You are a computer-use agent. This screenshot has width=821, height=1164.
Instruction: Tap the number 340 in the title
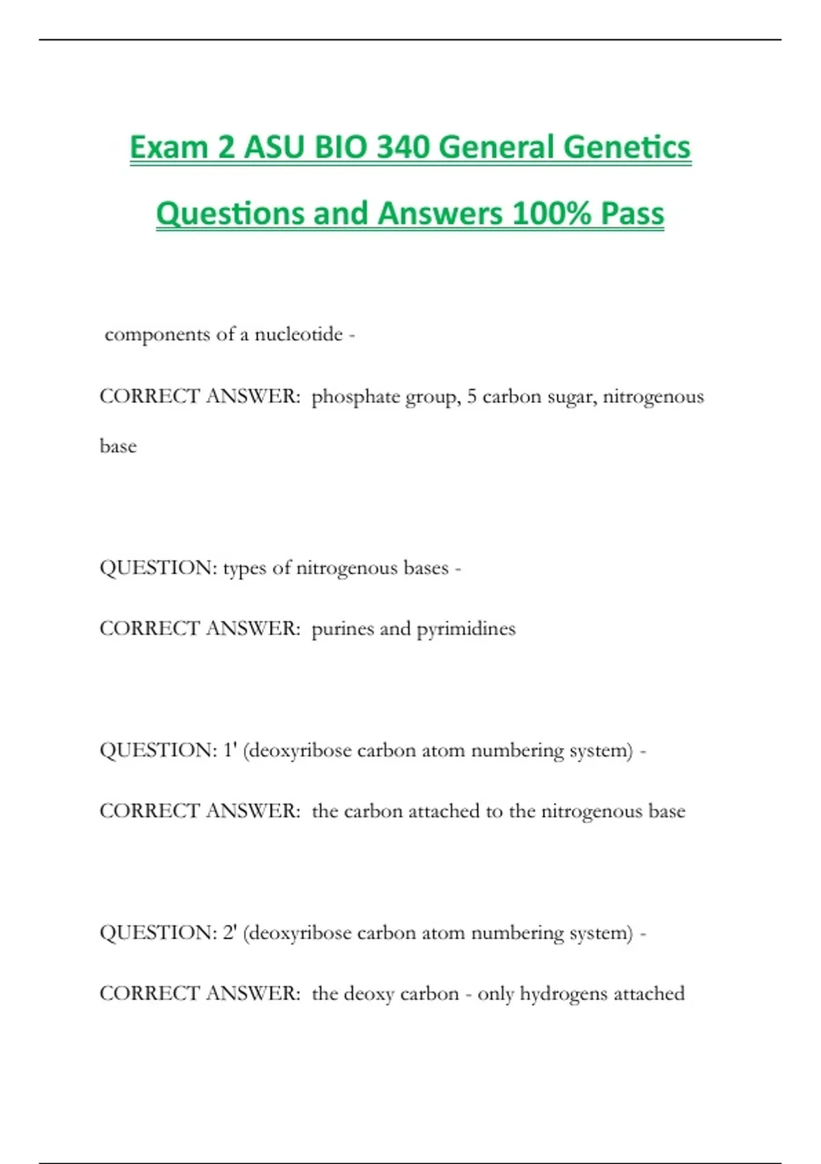[x=406, y=147]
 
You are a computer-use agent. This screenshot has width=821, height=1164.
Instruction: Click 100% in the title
[x=551, y=213]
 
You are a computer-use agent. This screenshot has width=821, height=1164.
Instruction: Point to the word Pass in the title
[x=633, y=213]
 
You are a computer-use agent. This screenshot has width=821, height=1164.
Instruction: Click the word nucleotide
[x=298, y=334]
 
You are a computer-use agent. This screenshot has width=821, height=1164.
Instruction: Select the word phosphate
[x=355, y=397]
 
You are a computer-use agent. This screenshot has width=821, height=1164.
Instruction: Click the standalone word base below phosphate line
[x=118, y=446]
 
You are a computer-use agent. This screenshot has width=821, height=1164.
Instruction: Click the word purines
[x=342, y=629]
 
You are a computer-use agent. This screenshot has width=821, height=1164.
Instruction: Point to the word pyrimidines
[x=466, y=629]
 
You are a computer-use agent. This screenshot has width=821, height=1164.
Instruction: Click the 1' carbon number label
[x=230, y=750]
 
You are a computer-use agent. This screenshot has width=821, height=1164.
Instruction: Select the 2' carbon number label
[x=230, y=933]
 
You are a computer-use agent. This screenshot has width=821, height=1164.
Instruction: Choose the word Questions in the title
[x=230, y=213]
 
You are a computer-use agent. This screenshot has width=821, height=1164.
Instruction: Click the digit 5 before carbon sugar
[x=472, y=396]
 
